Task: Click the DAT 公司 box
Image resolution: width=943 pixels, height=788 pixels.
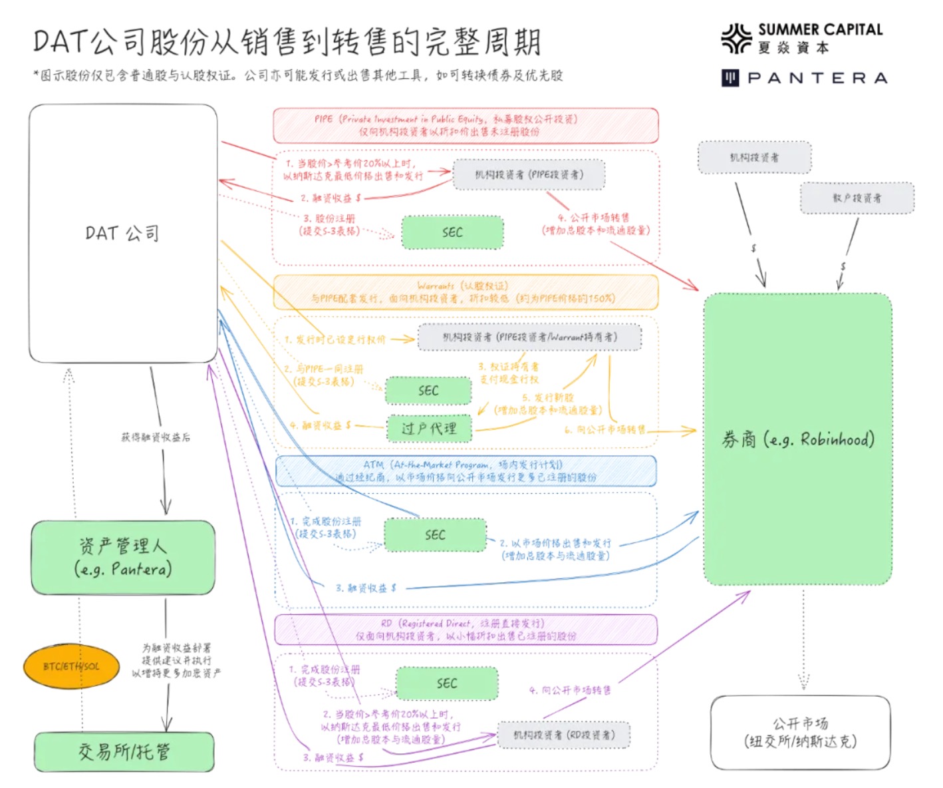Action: pos(123,233)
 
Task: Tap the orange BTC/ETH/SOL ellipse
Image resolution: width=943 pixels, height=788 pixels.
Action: pos(71,666)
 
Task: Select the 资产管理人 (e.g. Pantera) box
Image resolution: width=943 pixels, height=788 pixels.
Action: pos(123,558)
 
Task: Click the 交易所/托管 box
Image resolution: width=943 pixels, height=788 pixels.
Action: pos(124,752)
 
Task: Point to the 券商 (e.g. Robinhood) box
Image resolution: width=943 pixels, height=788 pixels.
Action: pos(797,439)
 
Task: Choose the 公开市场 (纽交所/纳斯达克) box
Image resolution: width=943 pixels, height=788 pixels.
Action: pos(800,733)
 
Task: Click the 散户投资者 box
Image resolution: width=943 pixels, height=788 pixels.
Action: pos(857,198)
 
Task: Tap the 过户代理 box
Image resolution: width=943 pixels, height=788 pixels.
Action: pos(429,429)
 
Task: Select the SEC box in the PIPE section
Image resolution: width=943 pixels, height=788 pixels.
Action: pos(452,232)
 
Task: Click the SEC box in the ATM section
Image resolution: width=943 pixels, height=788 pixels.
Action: pos(435,535)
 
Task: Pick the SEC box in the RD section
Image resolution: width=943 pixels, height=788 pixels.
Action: pos(447,684)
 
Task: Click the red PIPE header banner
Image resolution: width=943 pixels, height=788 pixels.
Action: pos(466,125)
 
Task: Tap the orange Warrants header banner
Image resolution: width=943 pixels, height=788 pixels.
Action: pos(466,292)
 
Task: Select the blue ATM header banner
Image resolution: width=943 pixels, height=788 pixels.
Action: pos(466,471)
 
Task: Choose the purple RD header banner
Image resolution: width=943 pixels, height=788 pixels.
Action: pos(466,630)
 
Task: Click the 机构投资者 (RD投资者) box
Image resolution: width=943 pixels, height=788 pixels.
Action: pos(563,735)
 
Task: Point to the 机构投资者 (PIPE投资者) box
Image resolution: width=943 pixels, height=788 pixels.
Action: pos(529,175)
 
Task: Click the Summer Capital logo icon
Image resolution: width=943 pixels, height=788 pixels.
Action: pos(736,39)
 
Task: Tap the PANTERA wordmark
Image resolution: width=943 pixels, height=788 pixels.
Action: pos(817,79)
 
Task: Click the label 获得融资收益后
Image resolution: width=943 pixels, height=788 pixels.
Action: pos(156,437)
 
